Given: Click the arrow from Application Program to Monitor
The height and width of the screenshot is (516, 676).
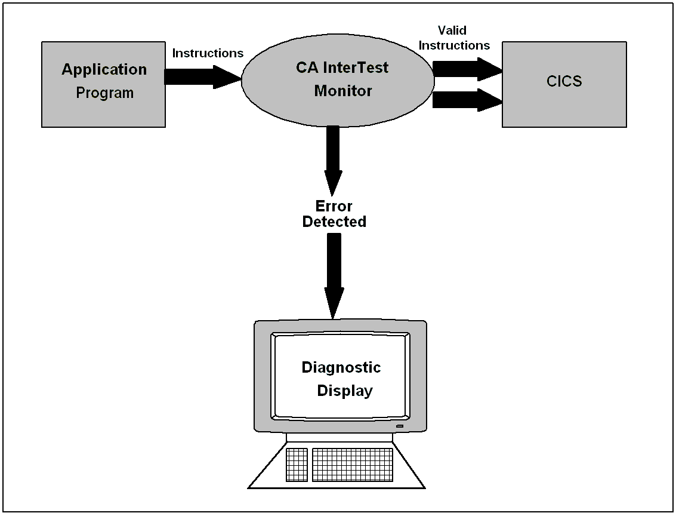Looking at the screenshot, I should coord(200,77).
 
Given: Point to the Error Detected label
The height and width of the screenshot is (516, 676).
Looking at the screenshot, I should coord(334,214).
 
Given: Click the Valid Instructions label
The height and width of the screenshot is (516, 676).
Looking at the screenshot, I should coord(454,38).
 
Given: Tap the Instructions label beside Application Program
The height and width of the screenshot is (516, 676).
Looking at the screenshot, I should coord(208,53).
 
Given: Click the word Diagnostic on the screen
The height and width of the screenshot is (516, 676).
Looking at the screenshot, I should coord(341,367).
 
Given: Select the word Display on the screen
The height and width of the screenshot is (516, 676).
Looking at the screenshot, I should coord(345,391).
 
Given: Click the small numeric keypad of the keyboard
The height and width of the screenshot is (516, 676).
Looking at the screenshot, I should coord(297,464).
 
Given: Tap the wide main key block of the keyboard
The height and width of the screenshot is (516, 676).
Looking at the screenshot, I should coord(352,464).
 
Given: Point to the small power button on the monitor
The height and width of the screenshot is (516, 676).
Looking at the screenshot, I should coord(399,426).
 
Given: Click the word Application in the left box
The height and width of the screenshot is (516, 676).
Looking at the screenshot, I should coord(104,69).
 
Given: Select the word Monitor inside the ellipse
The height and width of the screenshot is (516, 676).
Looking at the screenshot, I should coord(343,91).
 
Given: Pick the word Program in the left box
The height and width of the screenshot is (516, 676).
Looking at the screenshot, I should coord(105,93).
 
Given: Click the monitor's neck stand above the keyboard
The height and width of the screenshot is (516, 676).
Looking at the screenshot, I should coord(339,437).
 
